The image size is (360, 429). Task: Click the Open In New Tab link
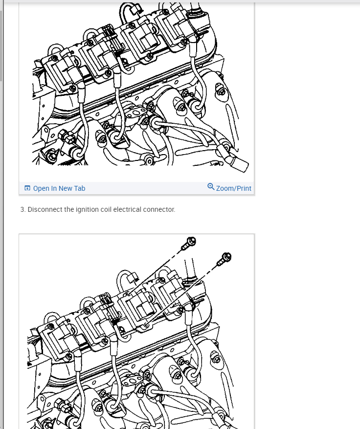click(59, 188)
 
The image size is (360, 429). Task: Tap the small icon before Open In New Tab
click(27, 188)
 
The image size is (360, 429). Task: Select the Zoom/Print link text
click(234, 188)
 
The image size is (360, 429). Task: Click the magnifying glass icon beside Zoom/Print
click(211, 186)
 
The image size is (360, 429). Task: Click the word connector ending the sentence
click(158, 209)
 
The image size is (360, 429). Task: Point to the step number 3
click(22, 209)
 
